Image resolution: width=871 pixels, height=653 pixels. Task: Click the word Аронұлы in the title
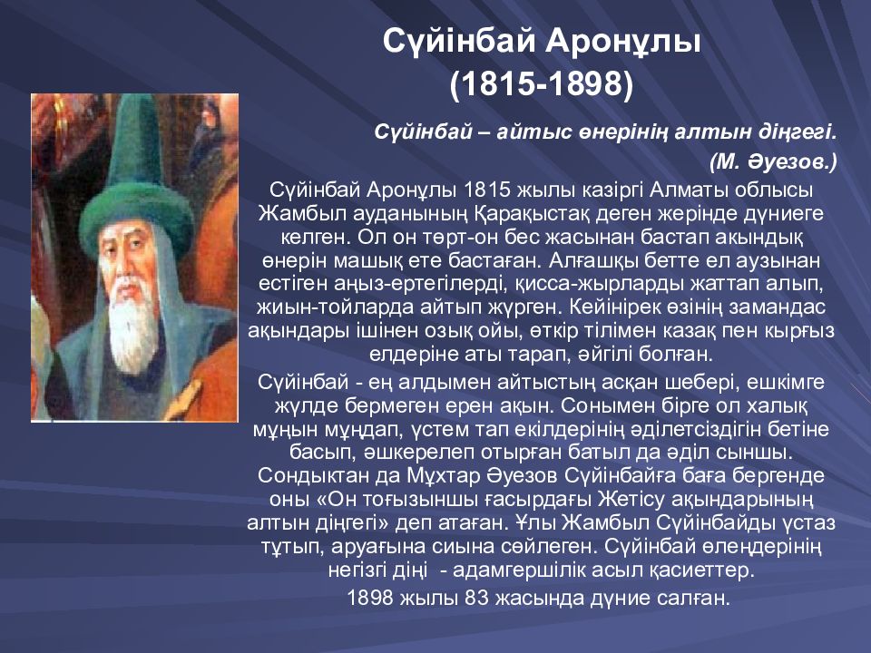(x=622, y=42)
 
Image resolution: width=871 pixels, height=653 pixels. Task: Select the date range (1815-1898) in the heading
(x=542, y=84)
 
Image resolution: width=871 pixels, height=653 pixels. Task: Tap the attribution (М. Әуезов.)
(x=773, y=161)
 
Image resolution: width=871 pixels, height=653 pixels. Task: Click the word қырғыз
(x=800, y=331)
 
